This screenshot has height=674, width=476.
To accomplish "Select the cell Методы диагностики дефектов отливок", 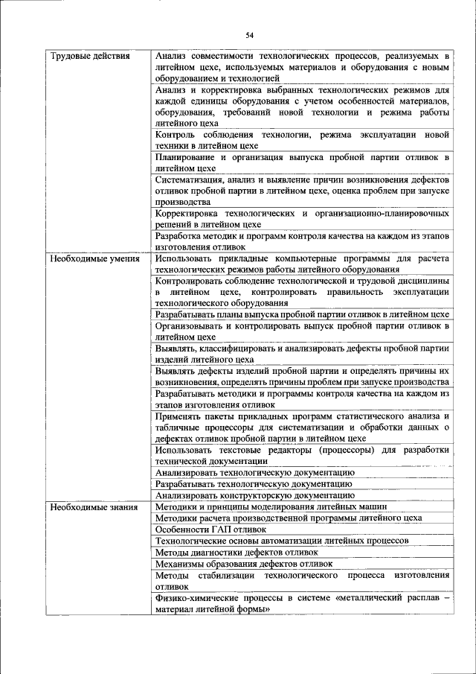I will point(237,552).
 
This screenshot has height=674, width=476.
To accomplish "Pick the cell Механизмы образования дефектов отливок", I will point(243,564).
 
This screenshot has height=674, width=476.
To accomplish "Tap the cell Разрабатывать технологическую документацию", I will point(254,483).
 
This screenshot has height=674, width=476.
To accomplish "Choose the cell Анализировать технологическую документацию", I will point(253,472).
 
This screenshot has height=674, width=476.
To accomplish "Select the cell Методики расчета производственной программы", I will point(289,518).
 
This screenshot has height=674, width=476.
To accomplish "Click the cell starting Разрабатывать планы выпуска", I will point(302,314).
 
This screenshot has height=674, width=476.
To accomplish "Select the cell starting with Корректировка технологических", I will point(302,218).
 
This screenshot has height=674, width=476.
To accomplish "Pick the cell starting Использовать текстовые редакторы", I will point(302,455).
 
